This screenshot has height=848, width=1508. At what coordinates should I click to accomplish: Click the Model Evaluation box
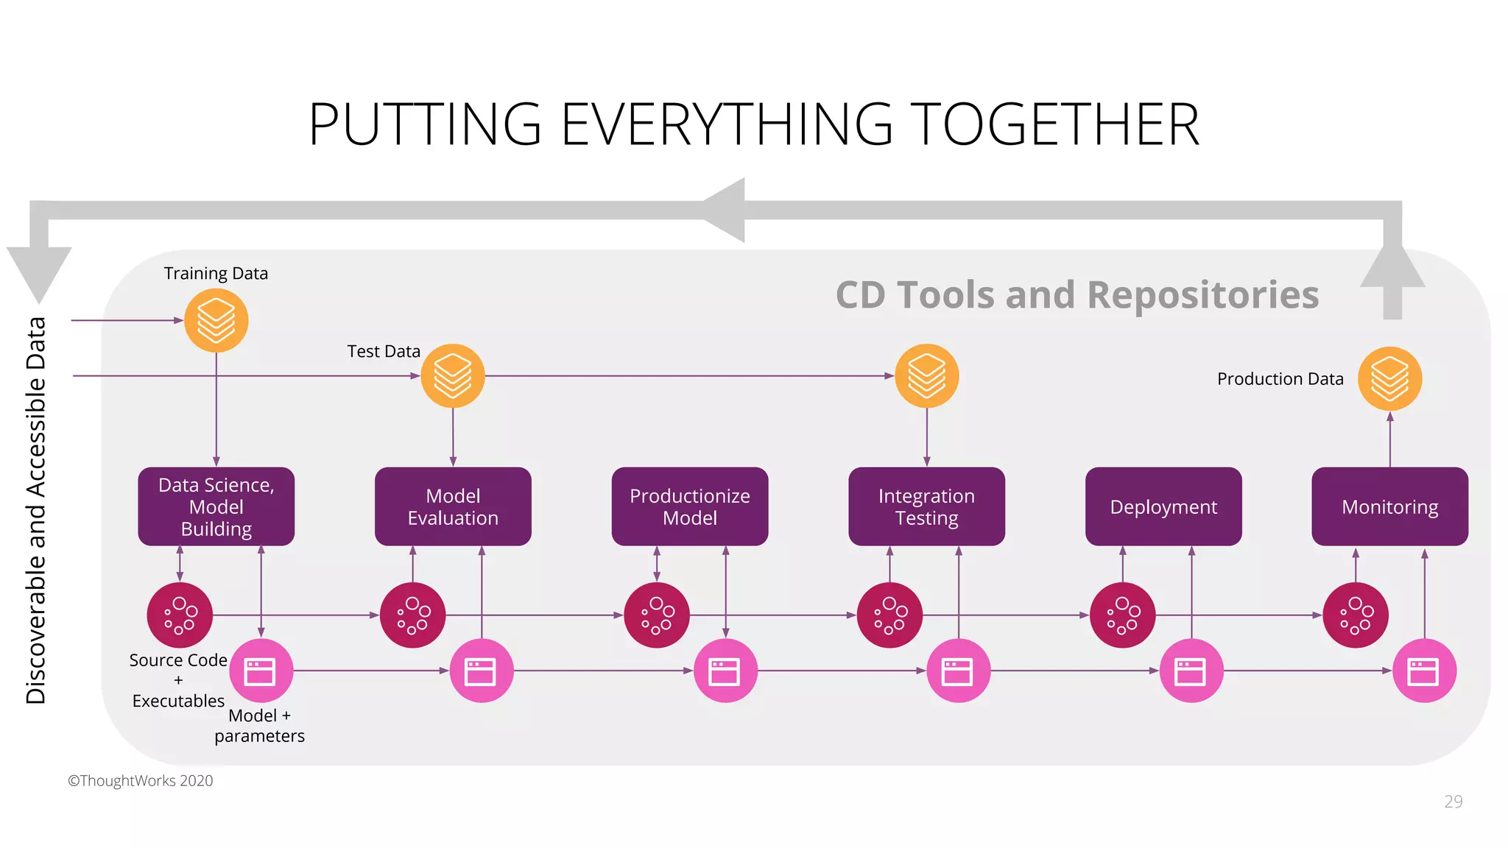453,506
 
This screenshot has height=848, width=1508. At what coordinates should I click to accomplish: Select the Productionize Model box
690,506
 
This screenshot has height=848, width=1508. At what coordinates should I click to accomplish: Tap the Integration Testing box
926,506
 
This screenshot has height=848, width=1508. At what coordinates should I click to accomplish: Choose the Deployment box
1163,506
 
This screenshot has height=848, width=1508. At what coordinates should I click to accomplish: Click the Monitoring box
1389,506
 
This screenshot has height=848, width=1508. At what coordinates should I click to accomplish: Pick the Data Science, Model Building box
216,506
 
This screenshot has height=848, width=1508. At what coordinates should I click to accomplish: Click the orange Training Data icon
216,320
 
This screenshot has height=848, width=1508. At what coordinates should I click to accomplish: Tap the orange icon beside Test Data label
453,376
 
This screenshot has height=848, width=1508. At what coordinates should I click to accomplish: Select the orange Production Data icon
1389,378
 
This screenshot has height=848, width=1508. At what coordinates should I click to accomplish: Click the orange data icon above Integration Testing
926,376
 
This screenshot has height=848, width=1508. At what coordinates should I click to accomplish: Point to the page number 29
1453,802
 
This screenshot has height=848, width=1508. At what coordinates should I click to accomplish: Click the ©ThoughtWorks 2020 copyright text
141,781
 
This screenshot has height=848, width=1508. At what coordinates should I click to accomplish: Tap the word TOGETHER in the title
1054,125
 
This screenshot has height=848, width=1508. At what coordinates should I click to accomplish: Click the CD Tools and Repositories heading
1077,295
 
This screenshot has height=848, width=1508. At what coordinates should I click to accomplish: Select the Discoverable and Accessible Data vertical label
36,510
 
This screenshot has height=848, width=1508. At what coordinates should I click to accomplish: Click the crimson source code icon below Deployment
1122,615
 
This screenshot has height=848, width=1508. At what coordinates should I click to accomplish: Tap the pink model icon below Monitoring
1424,671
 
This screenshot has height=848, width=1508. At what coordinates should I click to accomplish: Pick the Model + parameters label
259,726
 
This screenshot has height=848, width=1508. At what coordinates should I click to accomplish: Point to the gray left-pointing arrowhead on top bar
725,210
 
